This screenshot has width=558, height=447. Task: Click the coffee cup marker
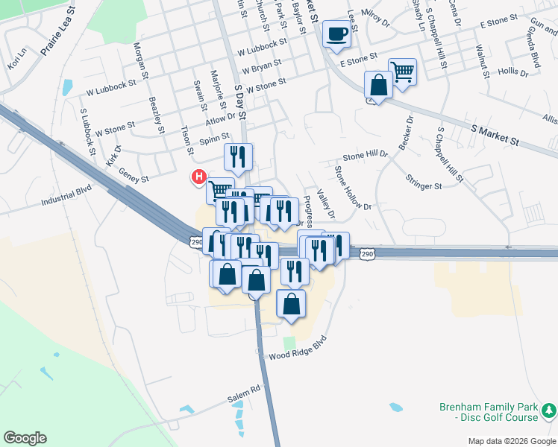pos(337,34)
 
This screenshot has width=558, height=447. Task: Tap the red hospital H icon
pos(199,177)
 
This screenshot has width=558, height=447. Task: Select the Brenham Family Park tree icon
pos(548,410)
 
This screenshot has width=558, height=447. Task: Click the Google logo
pos(25,438)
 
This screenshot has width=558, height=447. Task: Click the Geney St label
pos(135,179)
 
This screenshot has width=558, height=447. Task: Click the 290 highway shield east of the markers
pos(367,255)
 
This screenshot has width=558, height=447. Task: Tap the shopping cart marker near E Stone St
pos(402,72)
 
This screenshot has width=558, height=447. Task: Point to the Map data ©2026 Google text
pos(511,441)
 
